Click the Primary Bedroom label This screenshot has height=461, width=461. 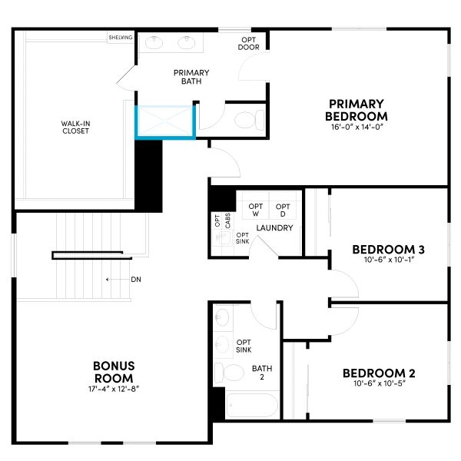356,109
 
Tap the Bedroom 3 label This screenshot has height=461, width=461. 388,250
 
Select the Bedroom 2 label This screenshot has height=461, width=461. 379,373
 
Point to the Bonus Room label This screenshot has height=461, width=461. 114,372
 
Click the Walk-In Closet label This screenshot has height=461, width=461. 76,126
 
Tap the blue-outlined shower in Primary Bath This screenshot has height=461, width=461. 164,122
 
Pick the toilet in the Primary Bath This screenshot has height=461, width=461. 247,119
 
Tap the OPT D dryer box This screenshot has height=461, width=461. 283,209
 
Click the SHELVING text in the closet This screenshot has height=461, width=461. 121,37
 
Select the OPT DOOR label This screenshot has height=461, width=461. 249,44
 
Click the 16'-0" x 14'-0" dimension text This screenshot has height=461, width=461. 356,127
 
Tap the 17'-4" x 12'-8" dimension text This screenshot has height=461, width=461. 114,388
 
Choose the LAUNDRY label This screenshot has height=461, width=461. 273,228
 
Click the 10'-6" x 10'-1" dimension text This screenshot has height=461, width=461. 388,260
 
